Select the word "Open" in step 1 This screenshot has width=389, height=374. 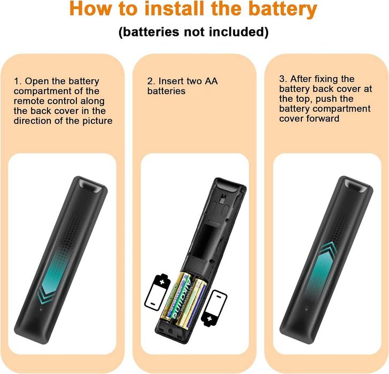pyautogui.click(x=35, y=81)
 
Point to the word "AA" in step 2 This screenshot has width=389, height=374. pyautogui.click(x=211, y=81)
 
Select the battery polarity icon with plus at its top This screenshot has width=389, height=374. pyautogui.click(x=157, y=292)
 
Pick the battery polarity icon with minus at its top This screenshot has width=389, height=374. pyautogui.click(x=214, y=308)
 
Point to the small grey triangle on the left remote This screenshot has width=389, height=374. pyautogui.click(x=41, y=309)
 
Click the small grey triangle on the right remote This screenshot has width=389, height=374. pyautogui.click(x=307, y=309)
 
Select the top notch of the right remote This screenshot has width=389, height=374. pyautogui.click(x=355, y=186)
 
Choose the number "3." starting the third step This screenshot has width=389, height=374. pyautogui.click(x=283, y=79)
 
